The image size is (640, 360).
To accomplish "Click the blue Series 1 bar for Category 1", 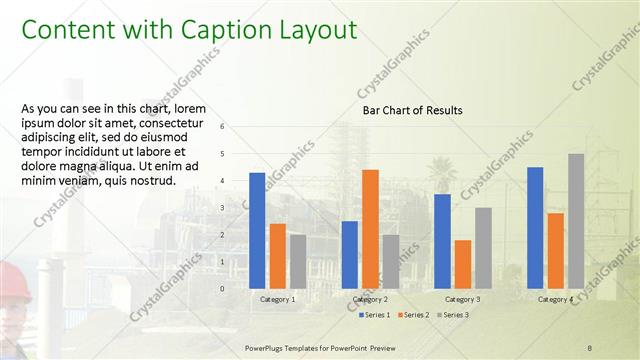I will click(x=257, y=230).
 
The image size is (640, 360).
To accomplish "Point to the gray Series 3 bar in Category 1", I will click(x=298, y=261).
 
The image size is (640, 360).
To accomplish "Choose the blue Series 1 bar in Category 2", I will click(x=350, y=254).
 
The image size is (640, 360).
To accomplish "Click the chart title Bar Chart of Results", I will click(x=412, y=110).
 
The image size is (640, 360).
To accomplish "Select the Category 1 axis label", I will click(x=277, y=299).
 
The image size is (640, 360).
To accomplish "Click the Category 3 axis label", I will click(x=462, y=299).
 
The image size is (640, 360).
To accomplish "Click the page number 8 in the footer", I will click(x=590, y=347).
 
